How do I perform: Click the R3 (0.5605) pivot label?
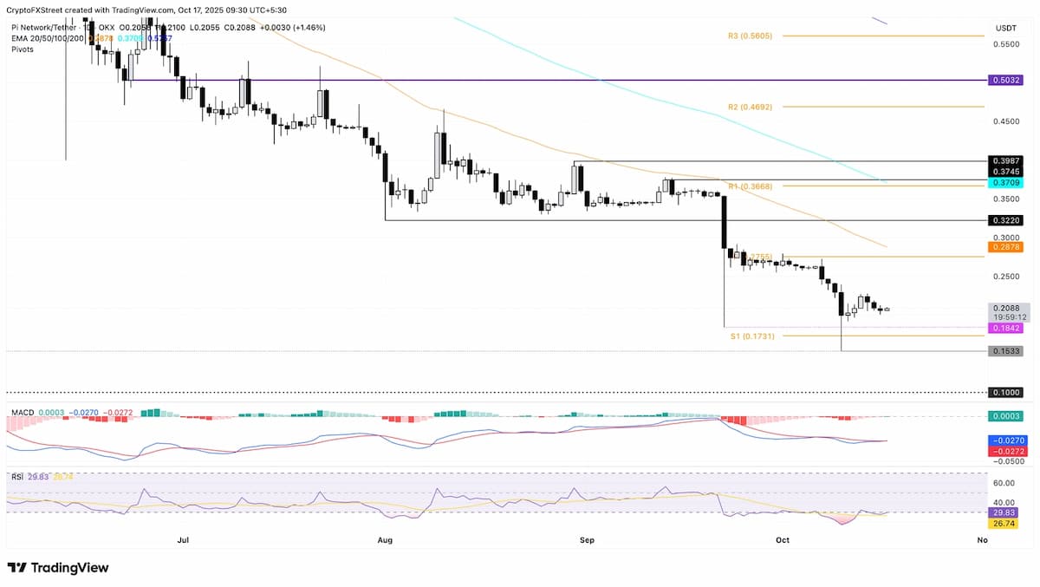point(751,36)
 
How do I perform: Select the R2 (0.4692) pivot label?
point(751,107)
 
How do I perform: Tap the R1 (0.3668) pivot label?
point(750,186)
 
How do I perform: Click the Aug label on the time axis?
point(386,540)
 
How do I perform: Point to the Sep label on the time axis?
point(587,540)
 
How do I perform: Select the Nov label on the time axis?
point(981,540)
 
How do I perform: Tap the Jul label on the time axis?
point(183,540)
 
